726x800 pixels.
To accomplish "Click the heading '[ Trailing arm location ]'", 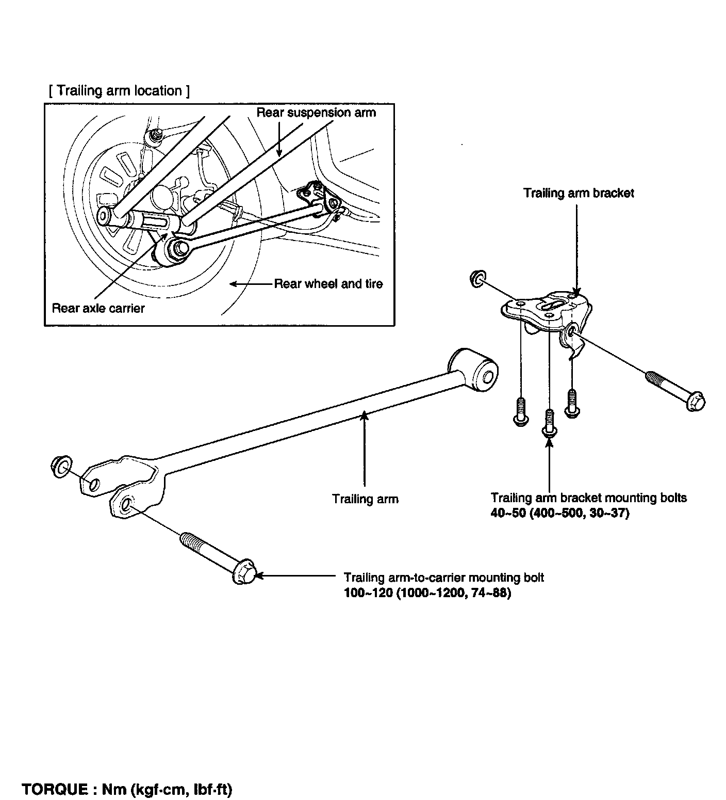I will point(119,91).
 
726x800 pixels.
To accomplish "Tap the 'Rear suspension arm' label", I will point(316,113).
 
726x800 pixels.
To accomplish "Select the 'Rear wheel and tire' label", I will point(328,284).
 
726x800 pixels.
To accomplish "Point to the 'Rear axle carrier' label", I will point(98,309).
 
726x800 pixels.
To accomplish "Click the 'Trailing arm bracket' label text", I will point(579,193).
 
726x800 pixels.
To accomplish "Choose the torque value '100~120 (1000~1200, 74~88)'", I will point(427,594).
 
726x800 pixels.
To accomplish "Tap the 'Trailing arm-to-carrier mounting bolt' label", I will point(444,578).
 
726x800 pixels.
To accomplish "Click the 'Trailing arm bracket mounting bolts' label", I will point(588,498).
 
